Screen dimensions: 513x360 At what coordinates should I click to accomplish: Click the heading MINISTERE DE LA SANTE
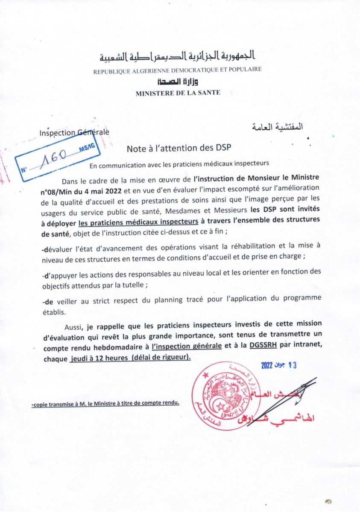coord(178,92)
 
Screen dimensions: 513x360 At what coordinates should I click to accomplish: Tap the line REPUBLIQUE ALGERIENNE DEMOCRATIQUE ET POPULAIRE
coord(178,70)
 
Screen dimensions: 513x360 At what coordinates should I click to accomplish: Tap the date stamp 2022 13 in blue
coord(278,365)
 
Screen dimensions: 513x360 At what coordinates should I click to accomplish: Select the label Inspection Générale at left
coord(74,132)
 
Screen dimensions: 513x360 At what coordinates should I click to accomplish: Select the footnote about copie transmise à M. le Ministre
coord(105,402)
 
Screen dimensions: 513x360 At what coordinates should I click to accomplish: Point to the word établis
coord(54,312)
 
